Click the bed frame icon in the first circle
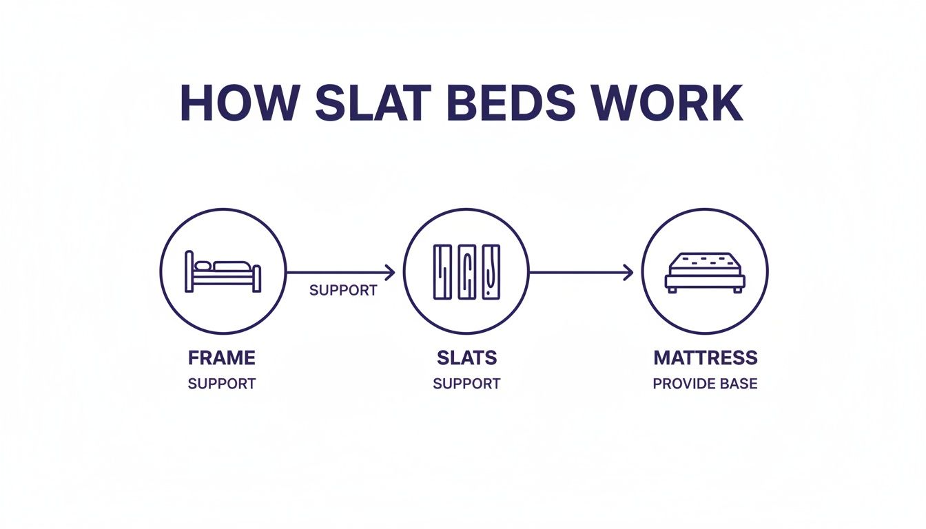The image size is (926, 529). (223, 273)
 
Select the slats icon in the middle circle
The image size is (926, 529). (466, 273)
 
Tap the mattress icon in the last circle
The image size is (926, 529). (705, 273)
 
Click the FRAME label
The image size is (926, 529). (222, 358)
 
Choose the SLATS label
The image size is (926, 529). (466, 358)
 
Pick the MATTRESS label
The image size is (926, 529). (705, 358)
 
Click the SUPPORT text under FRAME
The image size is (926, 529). (222, 384)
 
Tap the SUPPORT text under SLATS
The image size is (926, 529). (466, 384)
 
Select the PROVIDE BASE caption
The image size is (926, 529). (705, 384)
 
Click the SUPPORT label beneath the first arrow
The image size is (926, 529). (343, 291)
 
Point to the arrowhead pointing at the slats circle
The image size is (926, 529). (391, 273)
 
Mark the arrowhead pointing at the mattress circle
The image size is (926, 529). (628, 273)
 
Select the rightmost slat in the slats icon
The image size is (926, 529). (490, 273)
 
